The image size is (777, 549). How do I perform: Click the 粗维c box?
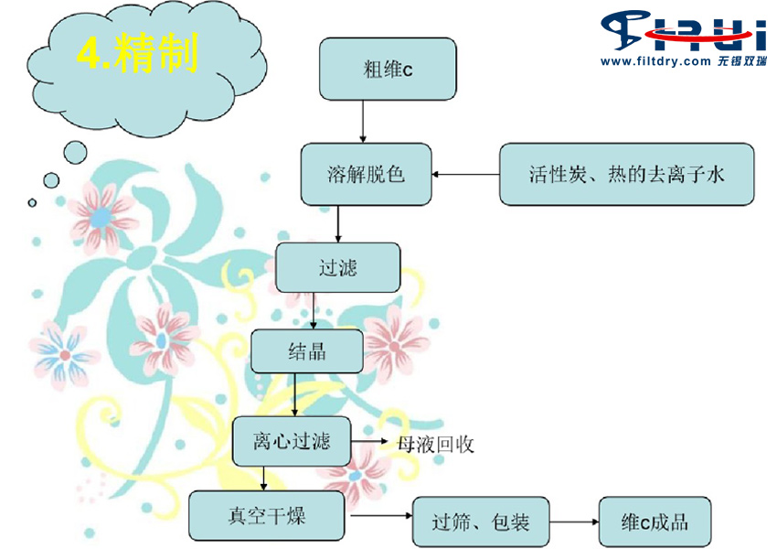click(388, 69)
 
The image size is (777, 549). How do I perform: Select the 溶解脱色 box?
click(367, 174)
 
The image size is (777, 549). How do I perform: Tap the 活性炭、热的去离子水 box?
click(626, 174)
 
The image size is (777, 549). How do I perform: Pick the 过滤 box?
click(338, 267)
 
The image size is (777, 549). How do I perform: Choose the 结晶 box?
click(307, 351)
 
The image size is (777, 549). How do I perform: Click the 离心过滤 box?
click(292, 441)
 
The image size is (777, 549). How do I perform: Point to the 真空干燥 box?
click(267, 516)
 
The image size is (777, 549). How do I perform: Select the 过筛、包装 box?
click(481, 522)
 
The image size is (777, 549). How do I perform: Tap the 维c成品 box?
click(655, 522)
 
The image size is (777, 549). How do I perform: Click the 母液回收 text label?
click(435, 445)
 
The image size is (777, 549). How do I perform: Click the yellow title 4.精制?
click(138, 52)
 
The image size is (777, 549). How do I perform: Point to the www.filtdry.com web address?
click(655, 61)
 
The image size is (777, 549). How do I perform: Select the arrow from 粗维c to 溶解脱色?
click(363, 122)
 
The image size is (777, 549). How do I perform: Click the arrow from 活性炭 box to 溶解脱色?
click(465, 175)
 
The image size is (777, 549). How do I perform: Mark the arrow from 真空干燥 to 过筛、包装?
click(381, 516)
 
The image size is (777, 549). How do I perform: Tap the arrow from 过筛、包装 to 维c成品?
click(574, 522)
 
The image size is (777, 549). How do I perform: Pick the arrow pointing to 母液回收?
click(369, 441)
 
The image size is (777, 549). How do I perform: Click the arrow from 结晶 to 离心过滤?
click(295, 394)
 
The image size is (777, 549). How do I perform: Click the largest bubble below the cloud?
click(75, 152)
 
